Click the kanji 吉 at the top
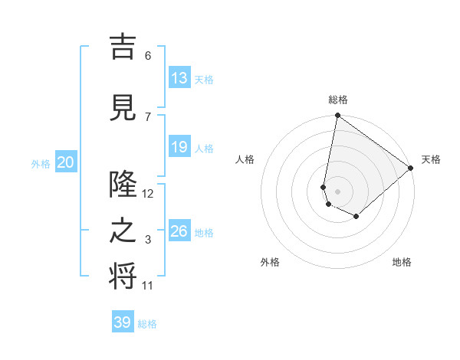click(x=123, y=47)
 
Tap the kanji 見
click(x=123, y=107)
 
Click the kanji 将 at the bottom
click(x=123, y=277)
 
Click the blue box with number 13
click(x=179, y=78)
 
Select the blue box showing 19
click(x=179, y=147)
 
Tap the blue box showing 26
click(x=179, y=231)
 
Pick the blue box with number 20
click(x=66, y=162)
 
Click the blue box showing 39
click(x=122, y=322)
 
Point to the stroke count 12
click(x=148, y=194)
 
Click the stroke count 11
click(x=148, y=286)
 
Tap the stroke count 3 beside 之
click(x=148, y=240)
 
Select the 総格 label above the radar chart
click(x=337, y=100)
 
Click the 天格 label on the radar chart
click(x=431, y=159)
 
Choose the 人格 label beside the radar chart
click(x=245, y=159)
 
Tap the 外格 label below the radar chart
click(x=270, y=263)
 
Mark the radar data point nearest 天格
click(x=411, y=168)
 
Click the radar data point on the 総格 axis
click(x=337, y=116)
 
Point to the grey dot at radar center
click(x=337, y=191)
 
